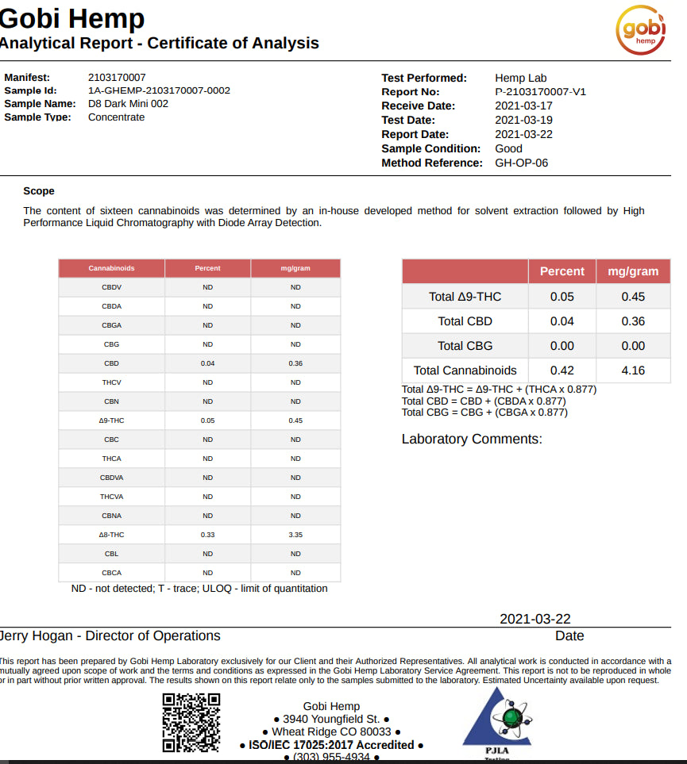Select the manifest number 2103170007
click(117, 78)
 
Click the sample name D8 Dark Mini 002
click(128, 103)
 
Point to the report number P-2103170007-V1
click(540, 91)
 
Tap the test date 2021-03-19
click(523, 120)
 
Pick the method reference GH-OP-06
click(521, 163)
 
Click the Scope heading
click(39, 191)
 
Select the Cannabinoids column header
click(112, 268)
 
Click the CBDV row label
click(112, 287)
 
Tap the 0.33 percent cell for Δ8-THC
click(208, 535)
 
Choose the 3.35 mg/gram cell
click(295, 535)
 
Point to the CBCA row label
click(112, 573)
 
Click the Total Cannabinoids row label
click(465, 370)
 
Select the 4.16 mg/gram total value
click(633, 370)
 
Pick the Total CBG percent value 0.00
click(562, 346)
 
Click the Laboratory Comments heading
click(472, 439)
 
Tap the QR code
click(191, 722)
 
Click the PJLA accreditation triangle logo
click(496, 718)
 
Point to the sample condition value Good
click(508, 148)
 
